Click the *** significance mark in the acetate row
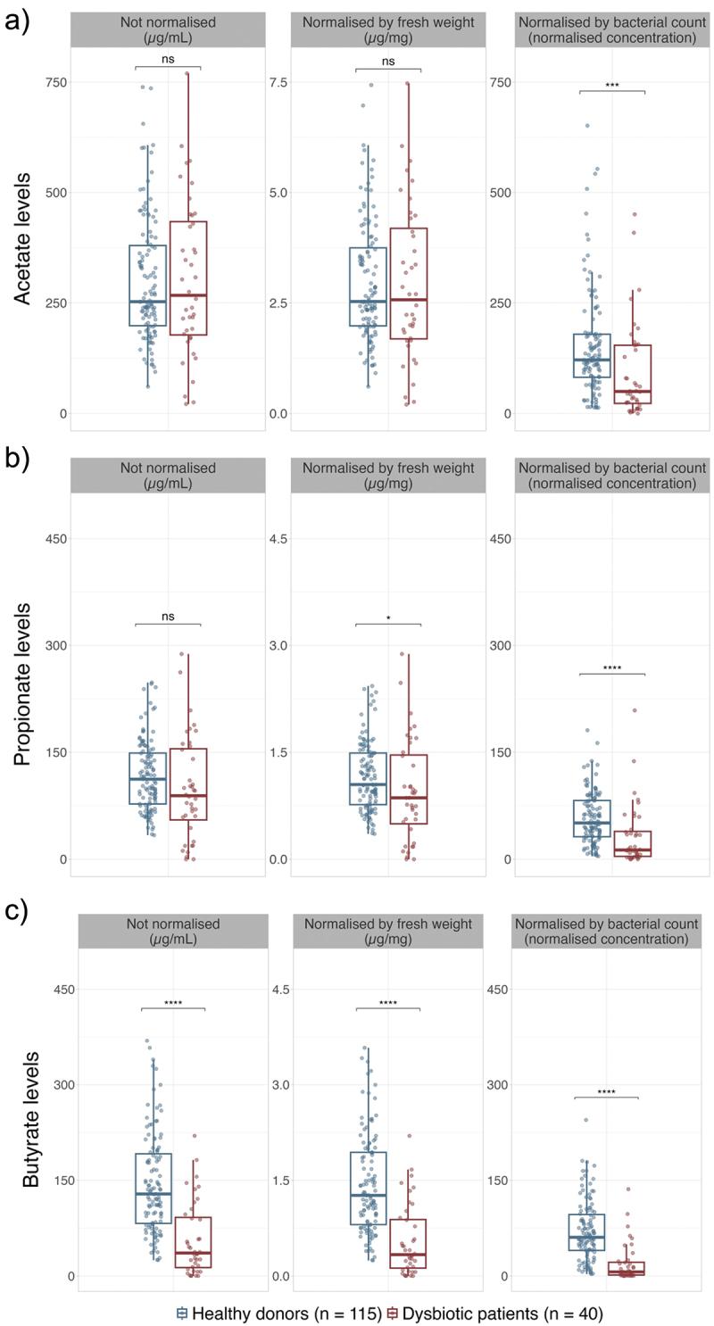coord(611,86)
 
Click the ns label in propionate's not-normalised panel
coord(168,616)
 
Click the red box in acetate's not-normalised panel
coord(188,278)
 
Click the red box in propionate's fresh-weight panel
coord(409,789)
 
